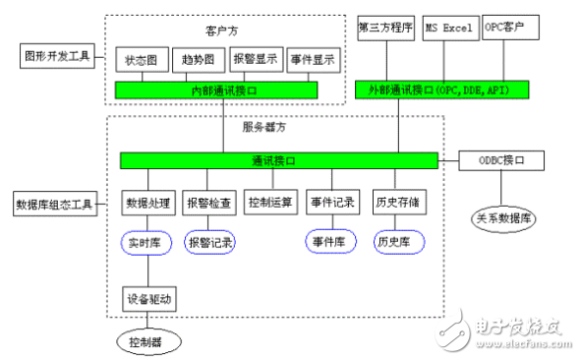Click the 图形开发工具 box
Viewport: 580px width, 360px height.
tap(56, 56)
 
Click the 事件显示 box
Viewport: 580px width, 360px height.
tap(313, 60)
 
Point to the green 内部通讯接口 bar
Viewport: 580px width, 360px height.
tap(215, 90)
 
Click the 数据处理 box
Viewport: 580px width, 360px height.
tap(148, 204)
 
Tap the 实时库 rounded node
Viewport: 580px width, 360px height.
tap(148, 242)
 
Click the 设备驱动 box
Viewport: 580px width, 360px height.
tap(148, 299)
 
